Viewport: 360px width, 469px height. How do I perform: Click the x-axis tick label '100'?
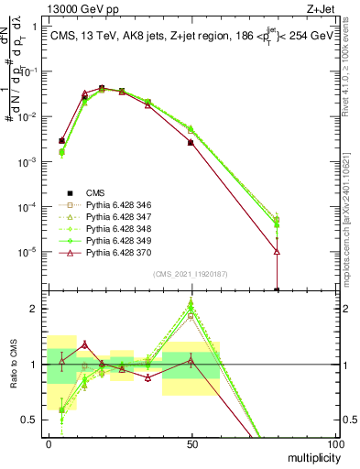(335, 443)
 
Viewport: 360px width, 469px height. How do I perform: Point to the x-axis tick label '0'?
(48, 443)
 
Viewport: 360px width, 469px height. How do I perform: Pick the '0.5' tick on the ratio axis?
(27, 420)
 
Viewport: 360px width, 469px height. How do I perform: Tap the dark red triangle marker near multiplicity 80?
(277, 251)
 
